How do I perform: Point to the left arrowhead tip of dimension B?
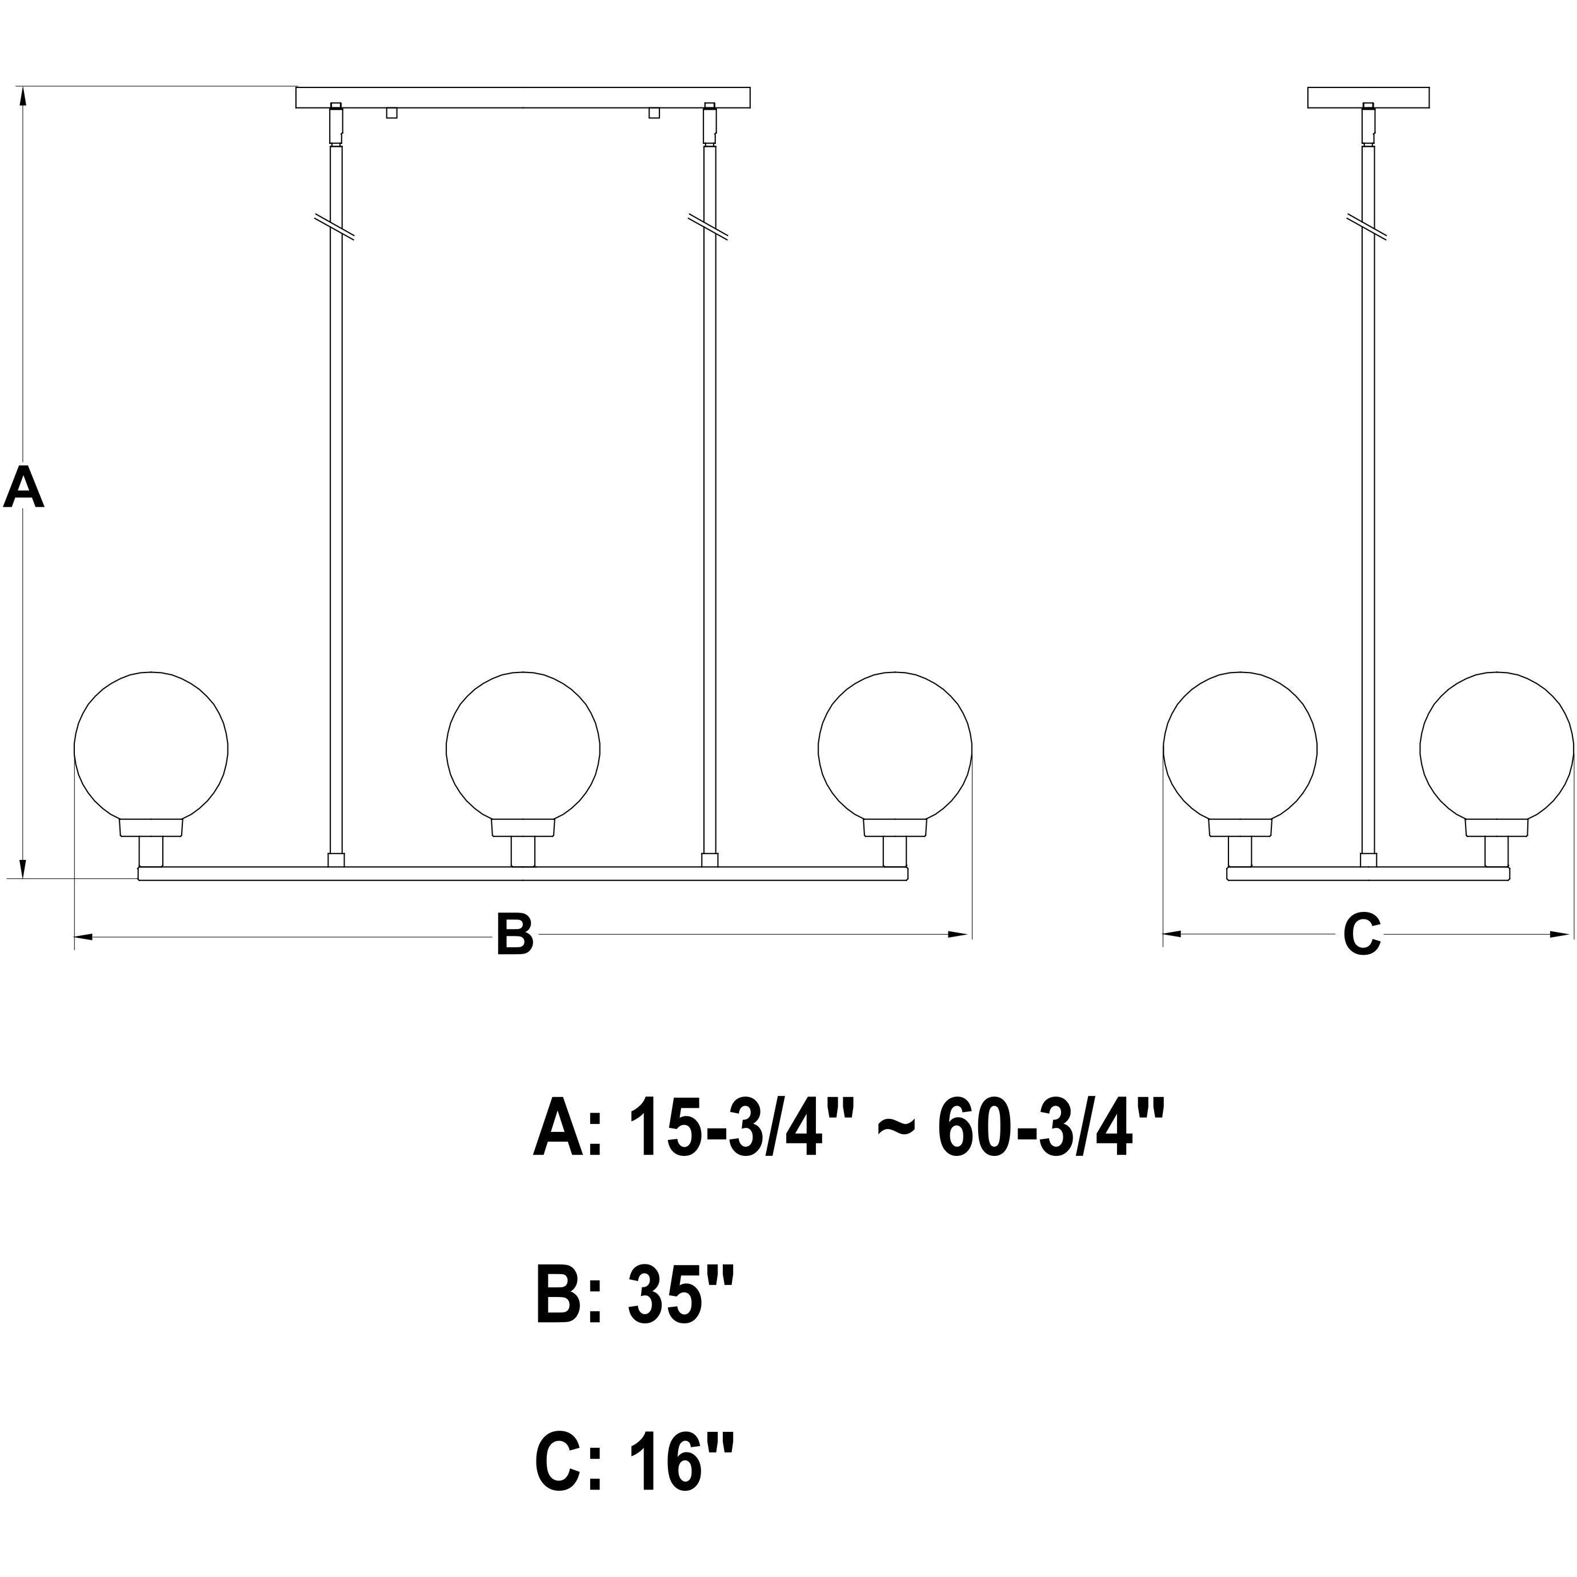click(75, 935)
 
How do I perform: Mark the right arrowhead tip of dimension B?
click(971, 935)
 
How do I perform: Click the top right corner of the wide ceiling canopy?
click(749, 86)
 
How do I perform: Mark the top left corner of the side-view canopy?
click(1308, 86)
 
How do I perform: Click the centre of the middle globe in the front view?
click(522, 748)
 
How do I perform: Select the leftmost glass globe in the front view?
click(151, 748)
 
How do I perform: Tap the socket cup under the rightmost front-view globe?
click(895, 828)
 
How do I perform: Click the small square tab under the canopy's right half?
click(654, 113)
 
